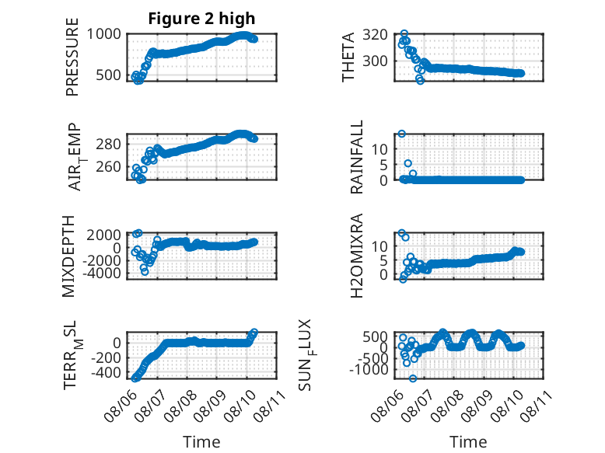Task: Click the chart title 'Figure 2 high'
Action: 201,19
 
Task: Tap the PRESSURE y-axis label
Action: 72,57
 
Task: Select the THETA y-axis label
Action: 348,57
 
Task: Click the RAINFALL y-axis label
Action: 356,156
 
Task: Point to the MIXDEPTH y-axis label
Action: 68,256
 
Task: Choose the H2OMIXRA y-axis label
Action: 356,256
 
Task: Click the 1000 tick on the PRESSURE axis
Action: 103,34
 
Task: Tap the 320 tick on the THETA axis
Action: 375,35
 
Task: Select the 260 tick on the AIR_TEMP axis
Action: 108,166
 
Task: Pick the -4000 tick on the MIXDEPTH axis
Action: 101,273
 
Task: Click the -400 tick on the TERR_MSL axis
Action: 106,372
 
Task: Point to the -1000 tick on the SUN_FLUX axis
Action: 368,369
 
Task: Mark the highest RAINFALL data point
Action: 402,134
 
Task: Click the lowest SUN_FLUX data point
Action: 413,378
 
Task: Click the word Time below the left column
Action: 201,442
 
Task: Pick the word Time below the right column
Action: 468,442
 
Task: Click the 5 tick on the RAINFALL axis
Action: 383,165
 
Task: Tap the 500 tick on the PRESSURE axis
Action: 108,75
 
